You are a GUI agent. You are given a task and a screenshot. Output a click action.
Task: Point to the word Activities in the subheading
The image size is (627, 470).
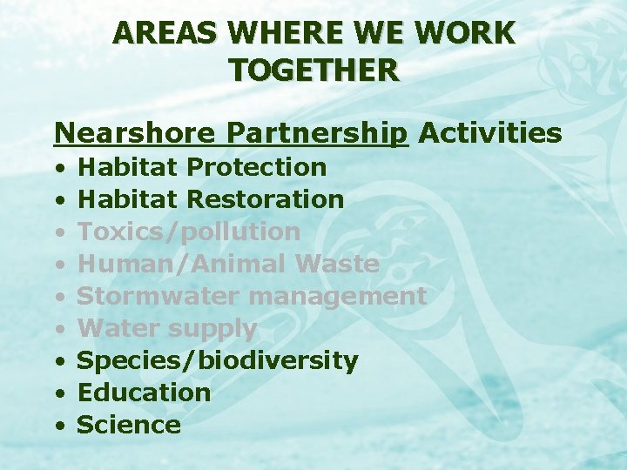coord(490,133)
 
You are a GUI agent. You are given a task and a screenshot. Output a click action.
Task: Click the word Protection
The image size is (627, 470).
coord(257,166)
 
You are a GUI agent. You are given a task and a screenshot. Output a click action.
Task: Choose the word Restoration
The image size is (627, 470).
coord(266,198)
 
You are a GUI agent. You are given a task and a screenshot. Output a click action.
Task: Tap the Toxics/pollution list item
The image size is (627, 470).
coord(189,232)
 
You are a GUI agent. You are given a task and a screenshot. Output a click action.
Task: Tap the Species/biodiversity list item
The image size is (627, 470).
coord(218,360)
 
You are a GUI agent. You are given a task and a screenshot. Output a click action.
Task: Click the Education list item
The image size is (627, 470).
coord(145,393)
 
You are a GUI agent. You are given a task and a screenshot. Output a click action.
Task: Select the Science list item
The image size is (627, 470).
coord(129,425)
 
